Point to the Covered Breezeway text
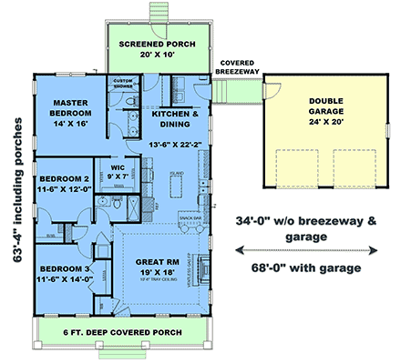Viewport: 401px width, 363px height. tap(238, 68)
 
